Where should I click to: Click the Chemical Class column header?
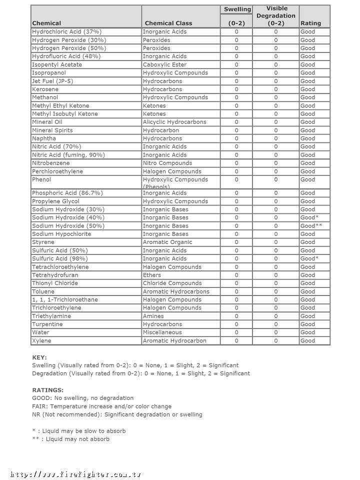pyautogui.click(x=168, y=23)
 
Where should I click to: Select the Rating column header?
pyautogui.click(x=310, y=23)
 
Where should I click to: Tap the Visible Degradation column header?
pyautogui.click(x=275, y=15)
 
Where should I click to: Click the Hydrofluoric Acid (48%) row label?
pyautogui.click(x=66, y=56)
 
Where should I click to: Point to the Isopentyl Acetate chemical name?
pyautogui.click(x=56, y=64)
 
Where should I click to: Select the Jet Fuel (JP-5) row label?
pyautogui.click(x=52, y=81)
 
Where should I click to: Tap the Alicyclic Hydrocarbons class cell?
pyautogui.click(x=174, y=122)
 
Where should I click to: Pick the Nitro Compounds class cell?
pyautogui.click(x=167, y=163)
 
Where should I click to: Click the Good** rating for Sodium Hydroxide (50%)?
pyautogui.click(x=311, y=226)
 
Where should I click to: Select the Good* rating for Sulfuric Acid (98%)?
pyautogui.click(x=309, y=258)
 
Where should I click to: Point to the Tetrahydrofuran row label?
pyautogui.click(x=55, y=275)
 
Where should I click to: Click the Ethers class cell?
pyautogui.click(x=152, y=275)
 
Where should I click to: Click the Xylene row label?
pyautogui.click(x=41, y=340)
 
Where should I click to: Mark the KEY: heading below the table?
pyautogui.click(x=39, y=357)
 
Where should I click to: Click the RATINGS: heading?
pyautogui.click(x=47, y=390)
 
